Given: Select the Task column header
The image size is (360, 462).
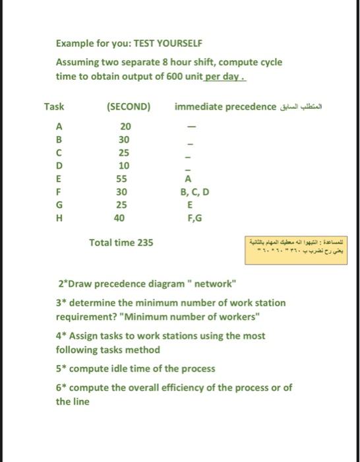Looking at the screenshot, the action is point(54,107).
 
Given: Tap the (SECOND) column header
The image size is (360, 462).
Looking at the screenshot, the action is point(127,107).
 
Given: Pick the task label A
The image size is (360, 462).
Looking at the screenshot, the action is point(59,127).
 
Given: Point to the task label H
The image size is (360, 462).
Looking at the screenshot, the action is point(59,218).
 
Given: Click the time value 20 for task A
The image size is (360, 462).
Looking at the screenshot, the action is point(125,127).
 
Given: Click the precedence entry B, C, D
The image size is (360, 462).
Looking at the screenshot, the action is point(190,192).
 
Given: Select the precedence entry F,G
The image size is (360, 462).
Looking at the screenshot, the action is point(190,218).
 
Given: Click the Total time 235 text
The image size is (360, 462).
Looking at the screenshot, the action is point(121,243).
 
